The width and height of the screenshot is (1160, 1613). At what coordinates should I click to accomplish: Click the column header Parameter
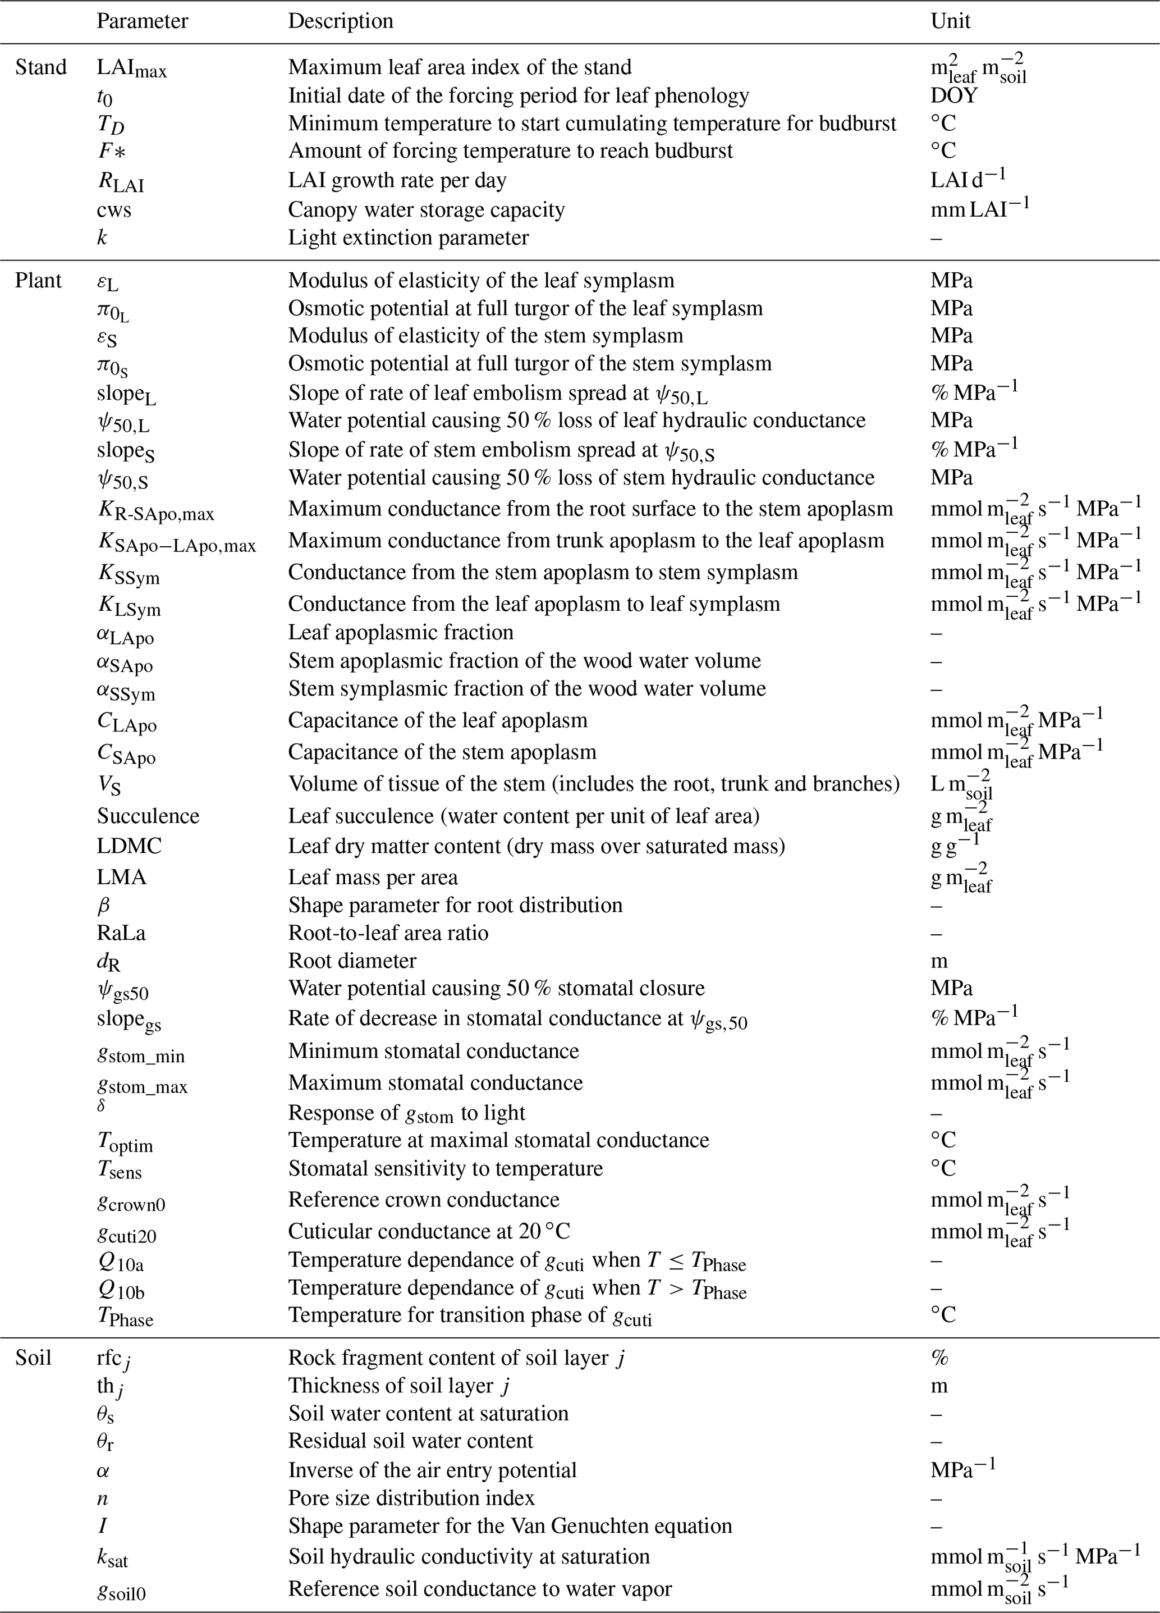pos(142,21)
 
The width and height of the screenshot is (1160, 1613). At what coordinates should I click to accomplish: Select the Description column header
pos(341,21)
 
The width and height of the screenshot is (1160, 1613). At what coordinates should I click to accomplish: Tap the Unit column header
pos(950,21)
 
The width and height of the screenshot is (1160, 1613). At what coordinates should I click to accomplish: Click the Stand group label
pos(40,67)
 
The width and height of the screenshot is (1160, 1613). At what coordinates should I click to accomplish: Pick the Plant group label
pos(38,280)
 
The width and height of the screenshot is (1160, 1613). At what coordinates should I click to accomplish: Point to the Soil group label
pos(34,1358)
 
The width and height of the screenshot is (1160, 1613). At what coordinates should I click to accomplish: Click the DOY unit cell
pos(954,95)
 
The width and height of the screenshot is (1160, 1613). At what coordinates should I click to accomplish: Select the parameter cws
pos(114,210)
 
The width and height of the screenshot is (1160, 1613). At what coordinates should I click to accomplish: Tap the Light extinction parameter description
pos(408,237)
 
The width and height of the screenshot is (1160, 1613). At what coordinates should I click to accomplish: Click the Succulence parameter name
pos(148,816)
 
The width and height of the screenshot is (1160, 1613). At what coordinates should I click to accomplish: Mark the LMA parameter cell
pos(122,877)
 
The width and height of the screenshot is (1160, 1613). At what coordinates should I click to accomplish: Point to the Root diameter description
pos(352,960)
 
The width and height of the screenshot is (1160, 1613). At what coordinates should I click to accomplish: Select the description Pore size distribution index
pos(411,1498)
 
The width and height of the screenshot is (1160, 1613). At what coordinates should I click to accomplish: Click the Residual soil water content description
pos(410,1440)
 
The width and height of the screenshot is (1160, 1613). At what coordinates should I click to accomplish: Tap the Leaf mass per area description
pos(373,877)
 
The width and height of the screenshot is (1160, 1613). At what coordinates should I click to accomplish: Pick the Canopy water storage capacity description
pos(426,210)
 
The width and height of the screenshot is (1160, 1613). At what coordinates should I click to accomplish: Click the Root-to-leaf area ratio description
pos(388,933)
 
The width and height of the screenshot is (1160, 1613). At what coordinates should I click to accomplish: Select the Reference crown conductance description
pos(424,1199)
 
